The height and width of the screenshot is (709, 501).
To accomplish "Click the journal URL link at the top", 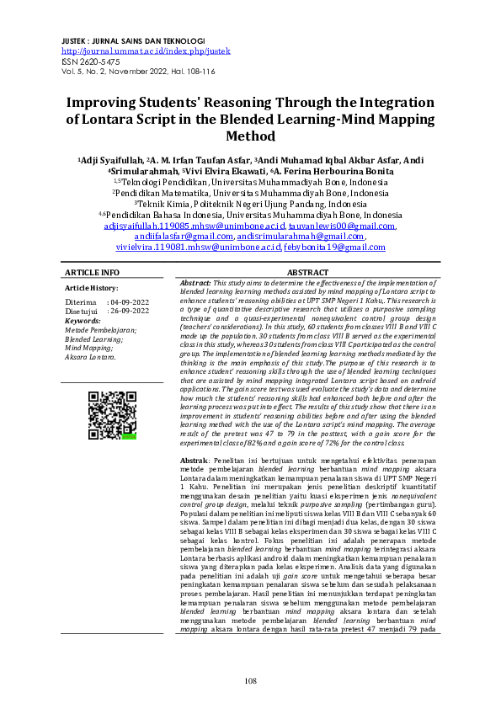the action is [x=146, y=51].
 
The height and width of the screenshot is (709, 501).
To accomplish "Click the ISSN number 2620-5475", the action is [x=109, y=61].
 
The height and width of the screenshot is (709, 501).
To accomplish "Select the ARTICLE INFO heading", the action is [x=92, y=273].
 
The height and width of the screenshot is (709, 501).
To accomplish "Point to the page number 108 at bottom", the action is [x=250, y=680].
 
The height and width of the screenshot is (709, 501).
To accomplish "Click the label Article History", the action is [x=92, y=288].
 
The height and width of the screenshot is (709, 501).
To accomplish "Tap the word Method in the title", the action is [x=250, y=136].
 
